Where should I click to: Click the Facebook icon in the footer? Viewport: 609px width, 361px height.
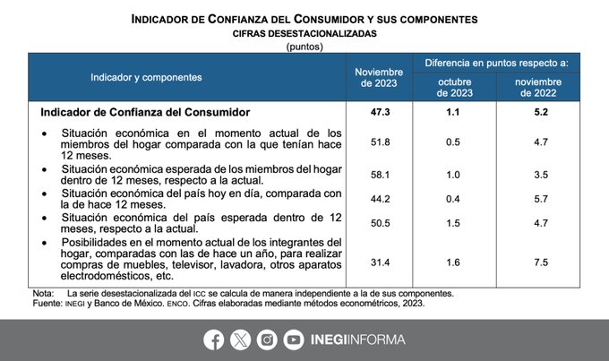tap(214, 340)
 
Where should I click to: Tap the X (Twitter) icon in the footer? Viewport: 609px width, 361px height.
tap(241, 340)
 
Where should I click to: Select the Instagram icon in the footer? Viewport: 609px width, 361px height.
tap(267, 340)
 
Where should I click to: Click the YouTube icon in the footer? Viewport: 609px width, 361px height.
tap(294, 340)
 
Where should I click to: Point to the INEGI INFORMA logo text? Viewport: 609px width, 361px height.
tap(357, 340)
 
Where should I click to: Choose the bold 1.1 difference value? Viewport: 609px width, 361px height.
tap(455, 112)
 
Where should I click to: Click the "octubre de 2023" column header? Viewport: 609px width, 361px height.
tap(455, 87)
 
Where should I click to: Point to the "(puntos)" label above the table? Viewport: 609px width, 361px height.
tap(304, 45)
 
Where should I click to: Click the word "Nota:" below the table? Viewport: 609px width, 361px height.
tap(43, 294)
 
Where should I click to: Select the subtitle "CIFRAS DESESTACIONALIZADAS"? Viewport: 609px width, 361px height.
tap(304, 32)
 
